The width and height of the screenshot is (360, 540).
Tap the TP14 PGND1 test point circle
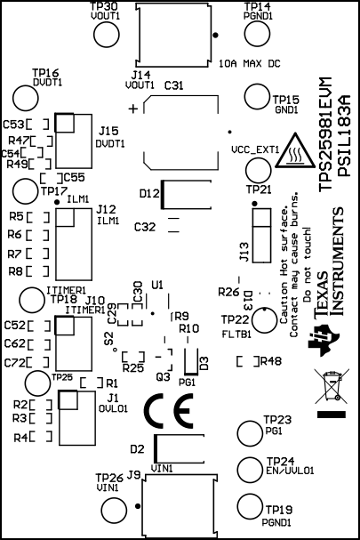[257, 36]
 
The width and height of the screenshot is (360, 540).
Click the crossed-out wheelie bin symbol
[332, 388]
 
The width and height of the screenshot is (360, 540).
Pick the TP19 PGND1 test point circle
[251, 506]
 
